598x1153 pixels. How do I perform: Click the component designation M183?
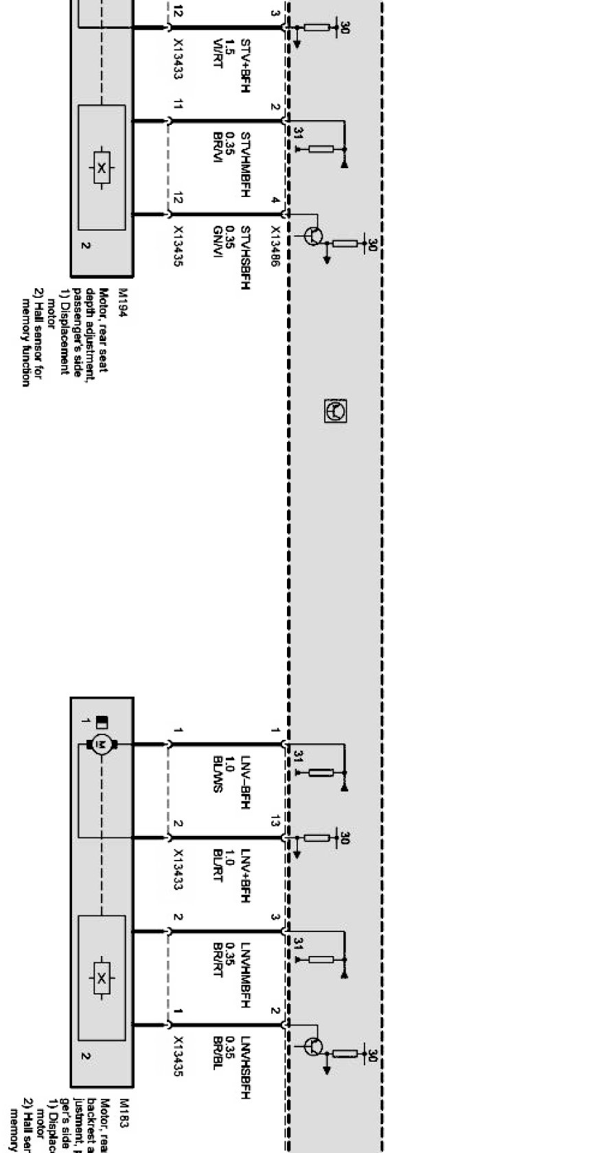(x=124, y=1108)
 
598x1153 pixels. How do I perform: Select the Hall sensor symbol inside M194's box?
(x=102, y=167)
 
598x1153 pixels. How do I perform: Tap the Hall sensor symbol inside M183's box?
(x=102, y=977)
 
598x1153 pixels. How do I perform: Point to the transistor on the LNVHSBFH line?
(x=314, y=1047)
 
